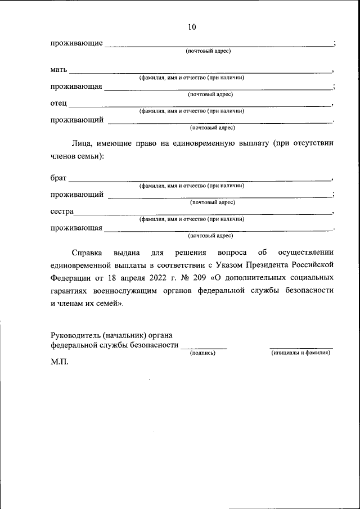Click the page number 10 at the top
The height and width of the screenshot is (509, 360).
pyautogui.click(x=191, y=27)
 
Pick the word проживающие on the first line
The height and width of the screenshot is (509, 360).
pyautogui.click(x=76, y=43)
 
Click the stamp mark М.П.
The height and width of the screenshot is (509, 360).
pyautogui.click(x=59, y=361)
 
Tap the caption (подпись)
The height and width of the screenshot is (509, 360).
pyautogui.click(x=202, y=353)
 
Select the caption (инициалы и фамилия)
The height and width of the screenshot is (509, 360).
pyautogui.click(x=300, y=353)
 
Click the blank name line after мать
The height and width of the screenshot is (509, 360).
pyautogui.click(x=200, y=73)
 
